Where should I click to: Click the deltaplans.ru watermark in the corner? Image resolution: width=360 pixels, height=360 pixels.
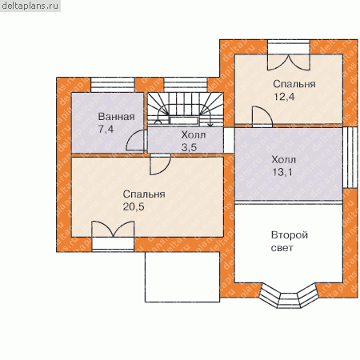coord(30,6)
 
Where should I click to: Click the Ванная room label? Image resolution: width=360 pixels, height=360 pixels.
coord(116,117)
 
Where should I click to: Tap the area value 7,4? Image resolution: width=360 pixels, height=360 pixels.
coord(106,129)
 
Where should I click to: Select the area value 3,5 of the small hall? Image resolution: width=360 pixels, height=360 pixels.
coord(189,147)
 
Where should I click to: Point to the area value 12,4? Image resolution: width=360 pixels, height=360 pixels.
coord(284,97)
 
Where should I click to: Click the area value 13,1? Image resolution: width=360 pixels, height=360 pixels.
coord(282,172)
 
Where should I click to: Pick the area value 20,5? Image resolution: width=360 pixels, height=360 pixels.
coord(134,206)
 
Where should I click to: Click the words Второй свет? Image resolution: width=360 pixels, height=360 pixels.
coord(290,242)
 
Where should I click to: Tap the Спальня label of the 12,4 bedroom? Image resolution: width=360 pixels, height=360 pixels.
coord(294,84)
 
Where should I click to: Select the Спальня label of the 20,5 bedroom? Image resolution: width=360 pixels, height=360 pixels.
coord(144,194)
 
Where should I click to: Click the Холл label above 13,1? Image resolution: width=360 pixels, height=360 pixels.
coord(284,160)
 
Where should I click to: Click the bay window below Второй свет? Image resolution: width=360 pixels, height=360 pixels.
coord(289,296)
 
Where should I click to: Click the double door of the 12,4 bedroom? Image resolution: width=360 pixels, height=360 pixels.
coord(289,62)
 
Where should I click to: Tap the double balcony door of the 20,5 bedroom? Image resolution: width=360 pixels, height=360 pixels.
coord(113,229)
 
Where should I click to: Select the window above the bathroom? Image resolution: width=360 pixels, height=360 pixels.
coord(113,85)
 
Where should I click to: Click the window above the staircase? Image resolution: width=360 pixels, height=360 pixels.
coord(186,85)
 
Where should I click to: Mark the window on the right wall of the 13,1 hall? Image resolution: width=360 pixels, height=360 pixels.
coord(350,158)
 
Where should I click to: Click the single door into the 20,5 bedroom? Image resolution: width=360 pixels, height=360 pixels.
coord(160,164)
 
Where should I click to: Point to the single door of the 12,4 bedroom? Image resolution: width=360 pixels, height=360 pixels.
coord(262,116)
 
